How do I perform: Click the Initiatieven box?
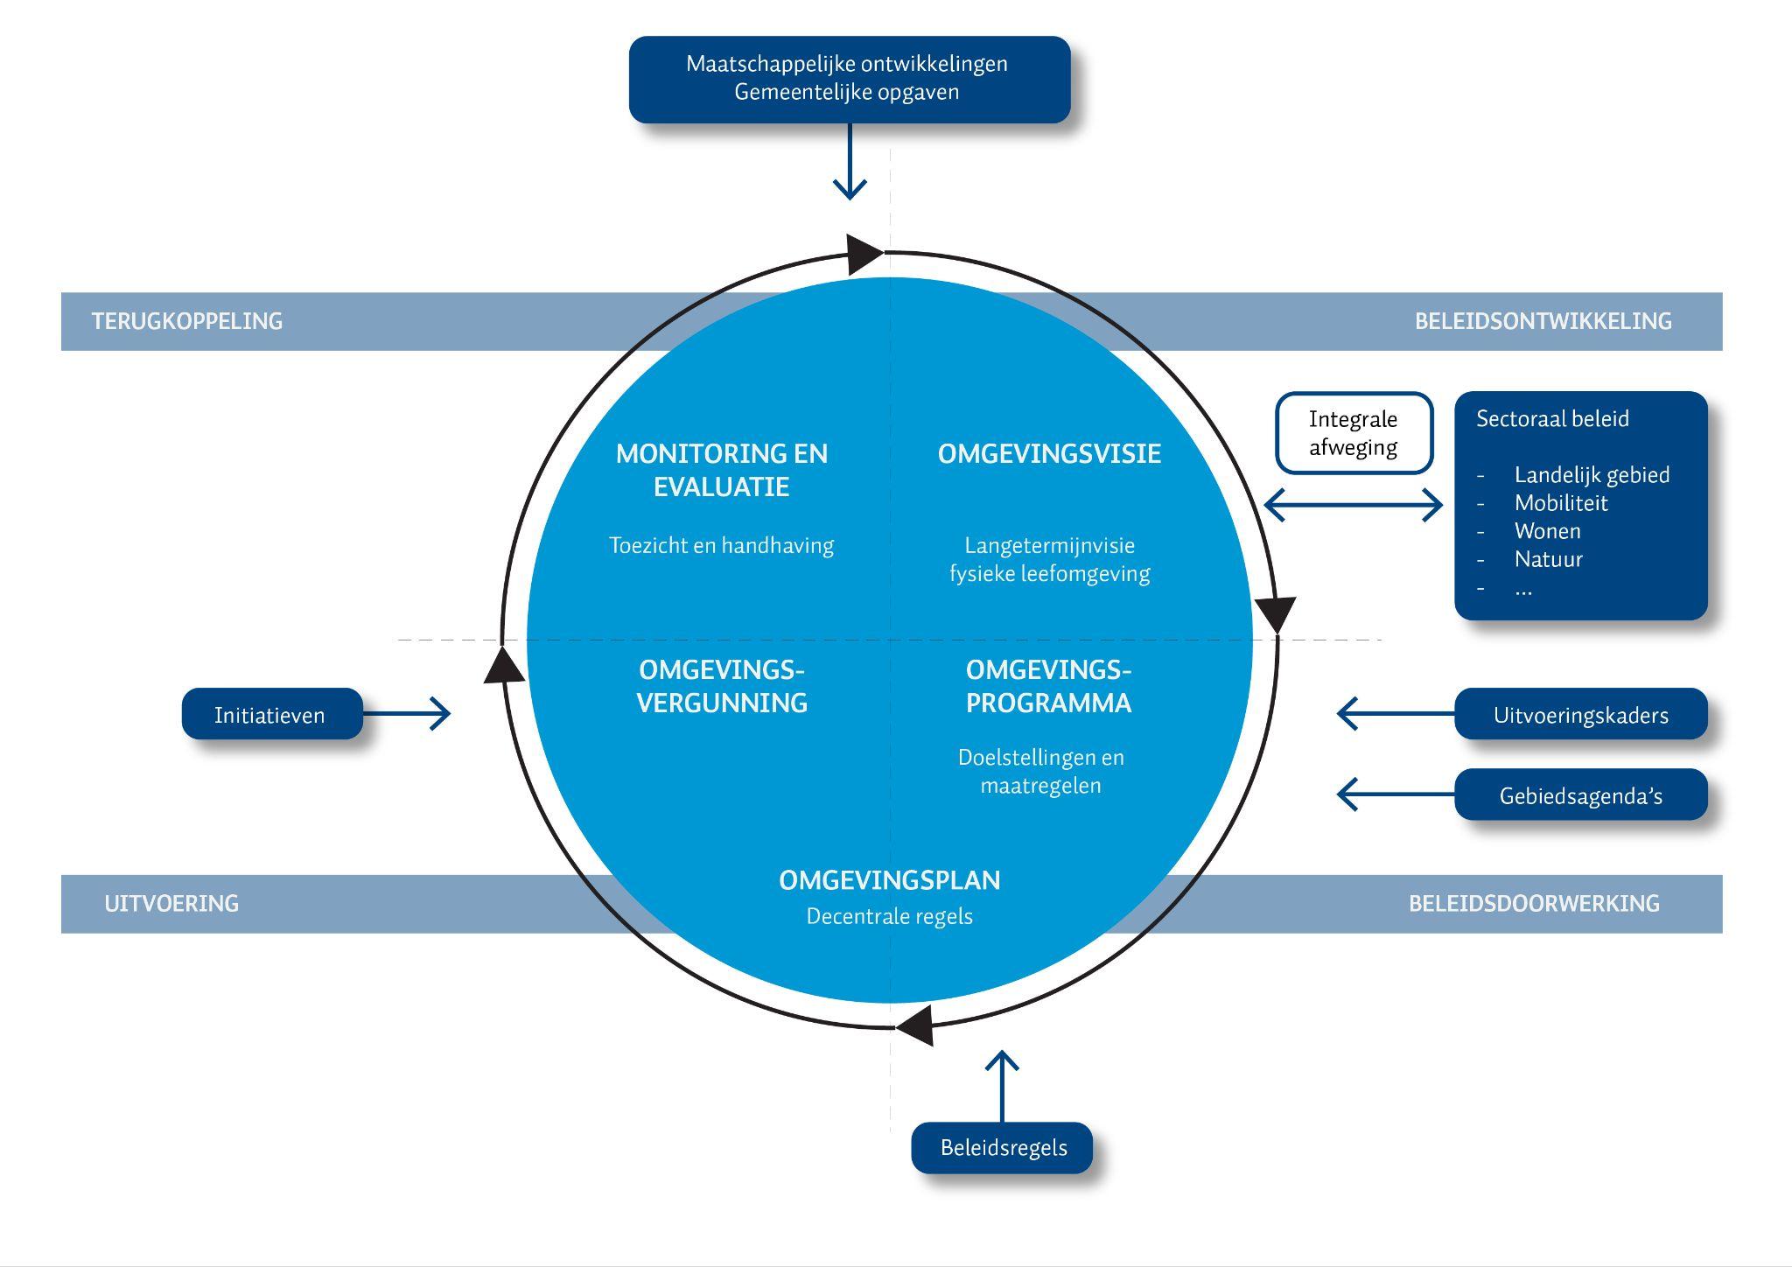[x=271, y=714]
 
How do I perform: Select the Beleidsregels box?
[x=1002, y=1147]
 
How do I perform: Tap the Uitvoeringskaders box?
[x=1580, y=714]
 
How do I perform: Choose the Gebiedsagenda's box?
[x=1580, y=794]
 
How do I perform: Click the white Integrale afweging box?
[x=1354, y=433]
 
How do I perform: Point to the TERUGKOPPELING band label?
[x=187, y=321]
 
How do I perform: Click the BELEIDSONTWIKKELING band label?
[x=1543, y=321]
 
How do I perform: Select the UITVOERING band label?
[x=171, y=903]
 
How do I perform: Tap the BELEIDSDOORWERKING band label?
[x=1534, y=903]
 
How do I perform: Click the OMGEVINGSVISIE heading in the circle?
[x=1049, y=453]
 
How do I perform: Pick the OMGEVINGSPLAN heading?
[x=889, y=879]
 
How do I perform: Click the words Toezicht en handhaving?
[x=721, y=545]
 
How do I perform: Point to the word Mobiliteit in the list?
[x=1561, y=503]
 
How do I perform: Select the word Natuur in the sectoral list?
[x=1548, y=559]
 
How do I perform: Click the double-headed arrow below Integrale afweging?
[x=1354, y=505]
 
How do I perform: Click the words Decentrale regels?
[x=889, y=916]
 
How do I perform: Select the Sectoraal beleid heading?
[x=1552, y=418]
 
